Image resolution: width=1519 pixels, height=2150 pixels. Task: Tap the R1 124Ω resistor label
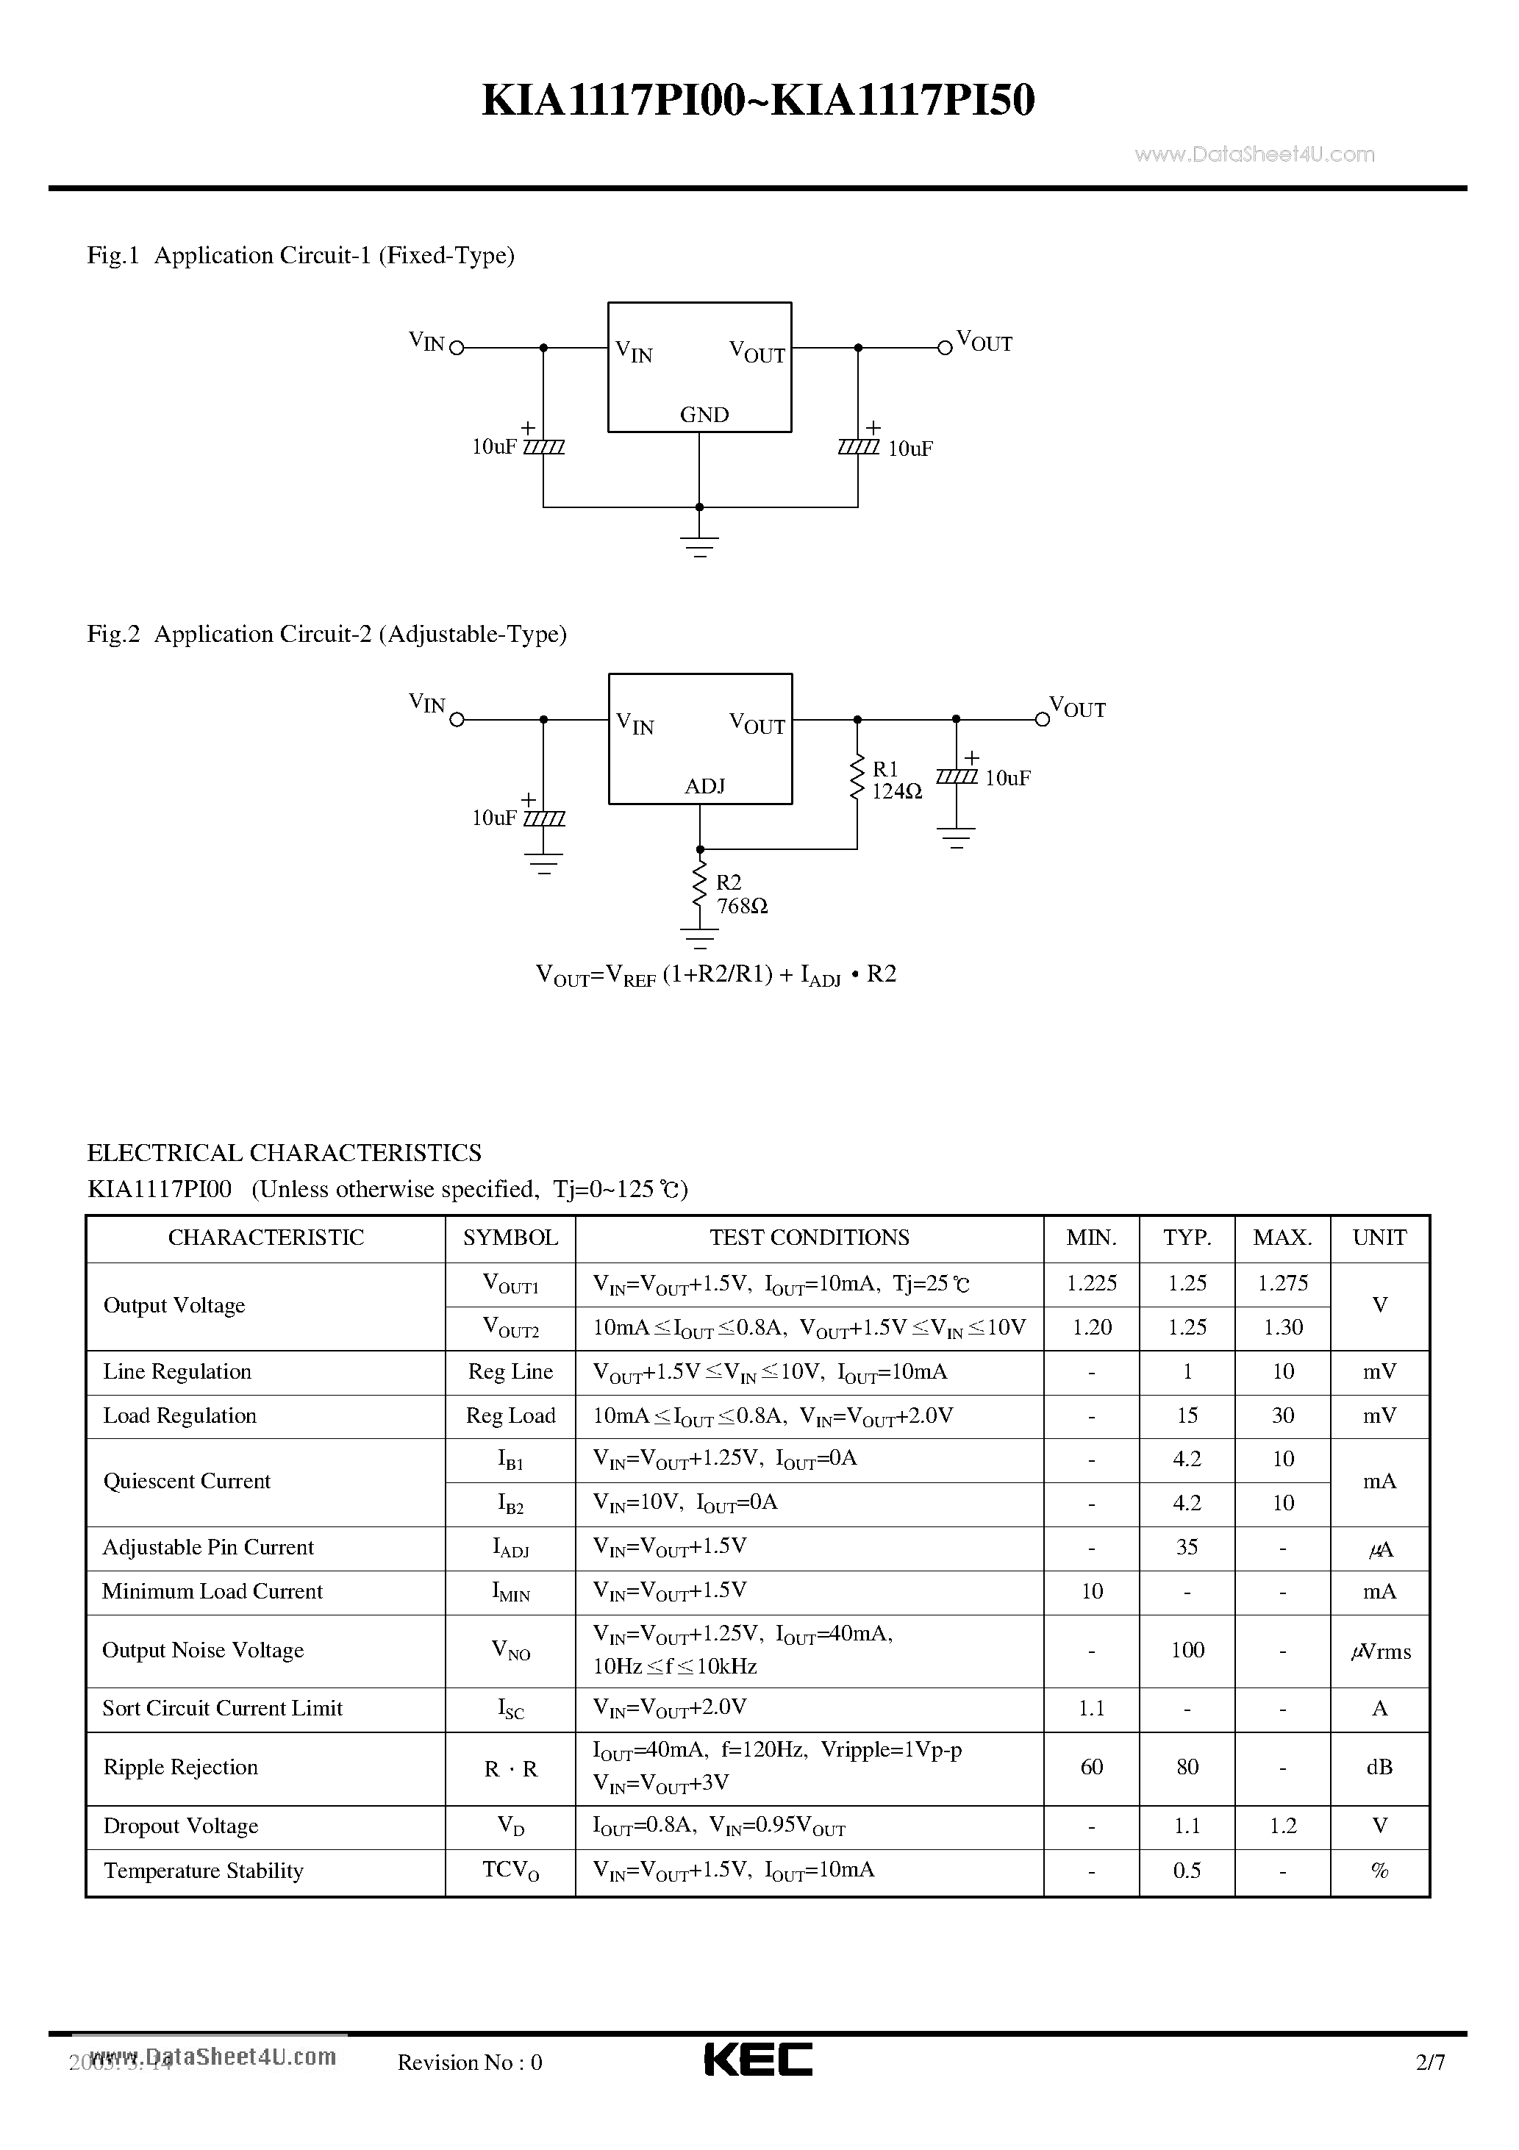point(896,780)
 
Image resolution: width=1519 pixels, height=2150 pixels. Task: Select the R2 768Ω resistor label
point(741,894)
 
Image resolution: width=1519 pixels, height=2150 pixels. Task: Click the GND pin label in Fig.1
point(704,415)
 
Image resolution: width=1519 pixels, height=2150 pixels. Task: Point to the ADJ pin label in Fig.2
point(704,787)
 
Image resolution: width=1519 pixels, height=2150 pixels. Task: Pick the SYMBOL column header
point(510,1238)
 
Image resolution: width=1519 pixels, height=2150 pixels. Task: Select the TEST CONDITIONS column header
point(809,1238)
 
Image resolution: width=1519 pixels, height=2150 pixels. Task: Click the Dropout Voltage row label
point(181,1826)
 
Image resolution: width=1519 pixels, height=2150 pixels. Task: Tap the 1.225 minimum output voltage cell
point(1091,1284)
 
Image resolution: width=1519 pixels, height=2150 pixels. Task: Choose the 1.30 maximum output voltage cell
point(1282,1328)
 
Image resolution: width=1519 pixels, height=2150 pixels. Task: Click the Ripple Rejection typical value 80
point(1187,1767)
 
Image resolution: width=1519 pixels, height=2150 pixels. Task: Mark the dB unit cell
point(1379,1767)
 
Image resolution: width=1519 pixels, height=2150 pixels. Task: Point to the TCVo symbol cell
point(510,1871)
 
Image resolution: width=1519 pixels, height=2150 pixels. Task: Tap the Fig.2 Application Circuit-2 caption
point(327,635)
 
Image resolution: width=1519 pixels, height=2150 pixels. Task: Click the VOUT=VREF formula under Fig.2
point(715,975)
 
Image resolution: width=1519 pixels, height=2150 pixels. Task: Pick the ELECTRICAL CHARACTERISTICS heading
point(284,1153)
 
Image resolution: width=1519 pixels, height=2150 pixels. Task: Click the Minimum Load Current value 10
point(1091,1592)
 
